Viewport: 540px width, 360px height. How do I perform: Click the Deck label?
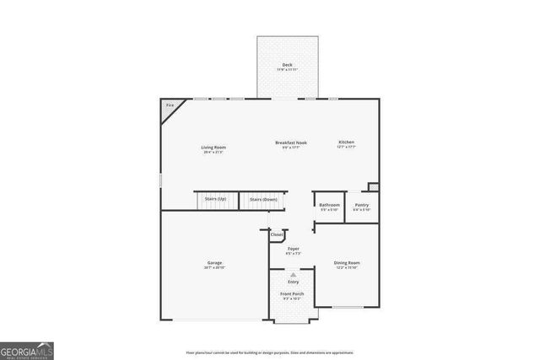point(287,65)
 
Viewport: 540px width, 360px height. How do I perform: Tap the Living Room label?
point(213,147)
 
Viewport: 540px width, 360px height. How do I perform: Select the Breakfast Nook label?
point(291,142)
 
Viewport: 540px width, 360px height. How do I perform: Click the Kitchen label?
point(347,142)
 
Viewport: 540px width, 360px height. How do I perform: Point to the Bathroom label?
point(329,205)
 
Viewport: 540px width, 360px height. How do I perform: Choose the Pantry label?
point(361,205)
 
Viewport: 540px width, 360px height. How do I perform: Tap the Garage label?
point(214,263)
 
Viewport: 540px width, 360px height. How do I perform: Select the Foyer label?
point(293,249)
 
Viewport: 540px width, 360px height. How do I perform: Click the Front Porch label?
point(293,293)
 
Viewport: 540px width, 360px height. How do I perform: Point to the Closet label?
point(277,234)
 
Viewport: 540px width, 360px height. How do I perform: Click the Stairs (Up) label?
point(215,199)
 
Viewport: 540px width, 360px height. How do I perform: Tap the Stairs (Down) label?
point(263,199)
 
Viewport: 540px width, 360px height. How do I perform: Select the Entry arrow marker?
point(293,276)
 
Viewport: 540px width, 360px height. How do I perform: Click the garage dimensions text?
point(214,268)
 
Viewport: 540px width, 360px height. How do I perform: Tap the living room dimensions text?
point(213,152)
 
